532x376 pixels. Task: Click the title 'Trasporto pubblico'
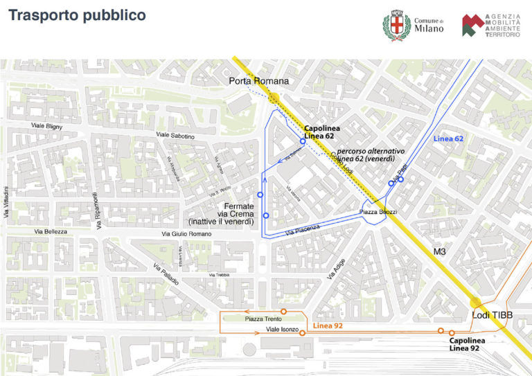point(77,15)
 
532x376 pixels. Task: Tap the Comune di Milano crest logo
point(397,25)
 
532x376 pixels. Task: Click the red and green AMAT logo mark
point(472,26)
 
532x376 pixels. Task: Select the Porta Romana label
point(258,82)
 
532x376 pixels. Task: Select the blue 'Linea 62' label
point(448,138)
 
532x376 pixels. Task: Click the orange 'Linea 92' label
point(328,325)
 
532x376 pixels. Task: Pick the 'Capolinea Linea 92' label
point(467,344)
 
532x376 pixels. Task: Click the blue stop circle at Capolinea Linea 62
point(303,141)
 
